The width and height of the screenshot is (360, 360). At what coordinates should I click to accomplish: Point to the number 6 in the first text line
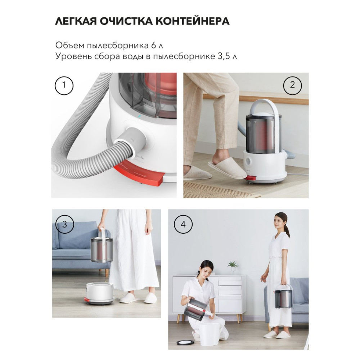point(154,45)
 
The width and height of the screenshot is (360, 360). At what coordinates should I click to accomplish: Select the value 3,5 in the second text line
point(224,57)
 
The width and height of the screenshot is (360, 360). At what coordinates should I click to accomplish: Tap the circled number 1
point(64,85)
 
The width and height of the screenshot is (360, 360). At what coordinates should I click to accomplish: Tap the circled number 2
point(292,85)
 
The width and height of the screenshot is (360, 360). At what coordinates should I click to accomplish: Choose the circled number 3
point(64,224)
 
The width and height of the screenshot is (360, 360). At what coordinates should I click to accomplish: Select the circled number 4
point(183,224)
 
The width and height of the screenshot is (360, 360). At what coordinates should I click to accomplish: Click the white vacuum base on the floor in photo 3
point(100,293)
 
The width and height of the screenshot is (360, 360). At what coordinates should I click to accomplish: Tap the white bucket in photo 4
point(209,334)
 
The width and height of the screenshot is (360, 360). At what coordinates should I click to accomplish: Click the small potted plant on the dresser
point(233,266)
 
